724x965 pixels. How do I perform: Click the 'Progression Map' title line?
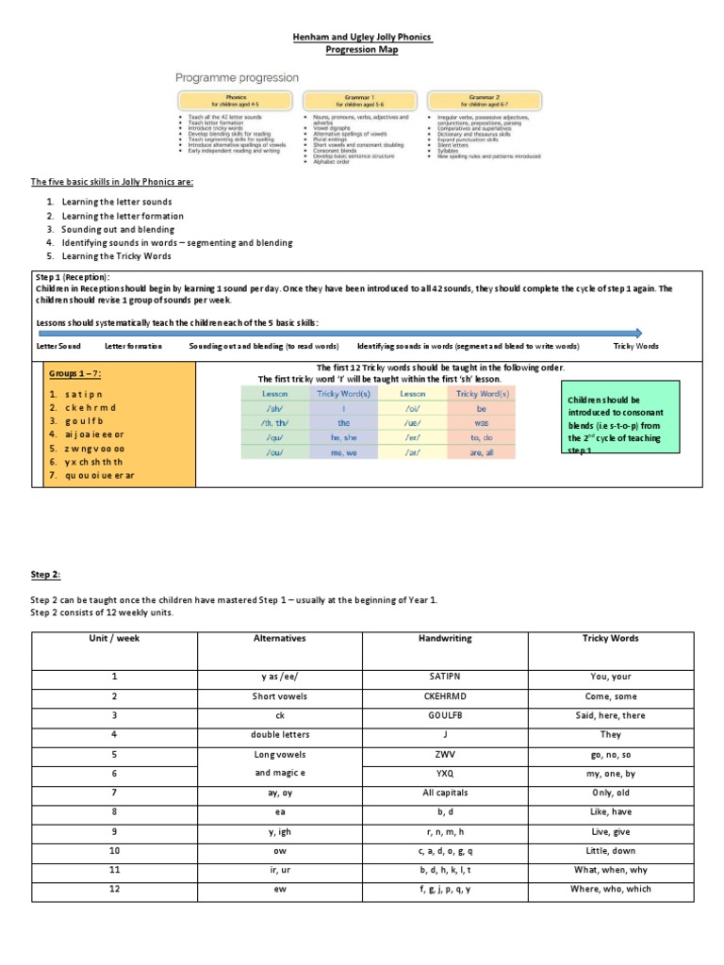362,50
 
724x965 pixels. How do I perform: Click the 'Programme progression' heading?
237,77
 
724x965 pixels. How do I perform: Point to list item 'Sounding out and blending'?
118,229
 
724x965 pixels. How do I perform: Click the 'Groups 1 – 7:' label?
82,374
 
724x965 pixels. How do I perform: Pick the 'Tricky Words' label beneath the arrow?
636,347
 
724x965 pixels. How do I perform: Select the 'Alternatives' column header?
280,638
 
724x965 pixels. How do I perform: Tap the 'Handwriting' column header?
445,638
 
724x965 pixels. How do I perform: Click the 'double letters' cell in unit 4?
280,734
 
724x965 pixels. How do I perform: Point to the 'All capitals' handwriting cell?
445,793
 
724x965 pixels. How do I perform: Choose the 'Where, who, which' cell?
611,890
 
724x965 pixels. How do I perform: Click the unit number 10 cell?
114,851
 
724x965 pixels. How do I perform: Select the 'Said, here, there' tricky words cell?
611,715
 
